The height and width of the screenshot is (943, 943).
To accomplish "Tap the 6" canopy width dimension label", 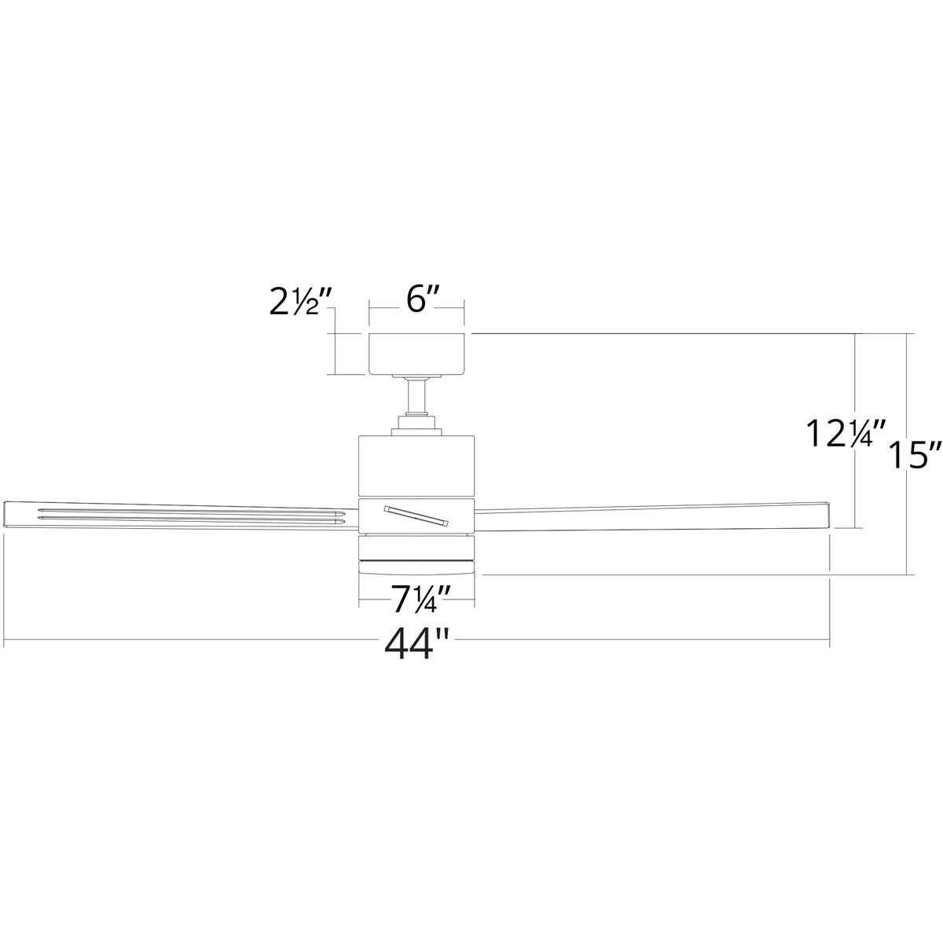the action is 417,303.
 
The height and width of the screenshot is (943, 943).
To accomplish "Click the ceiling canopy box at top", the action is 417,354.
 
